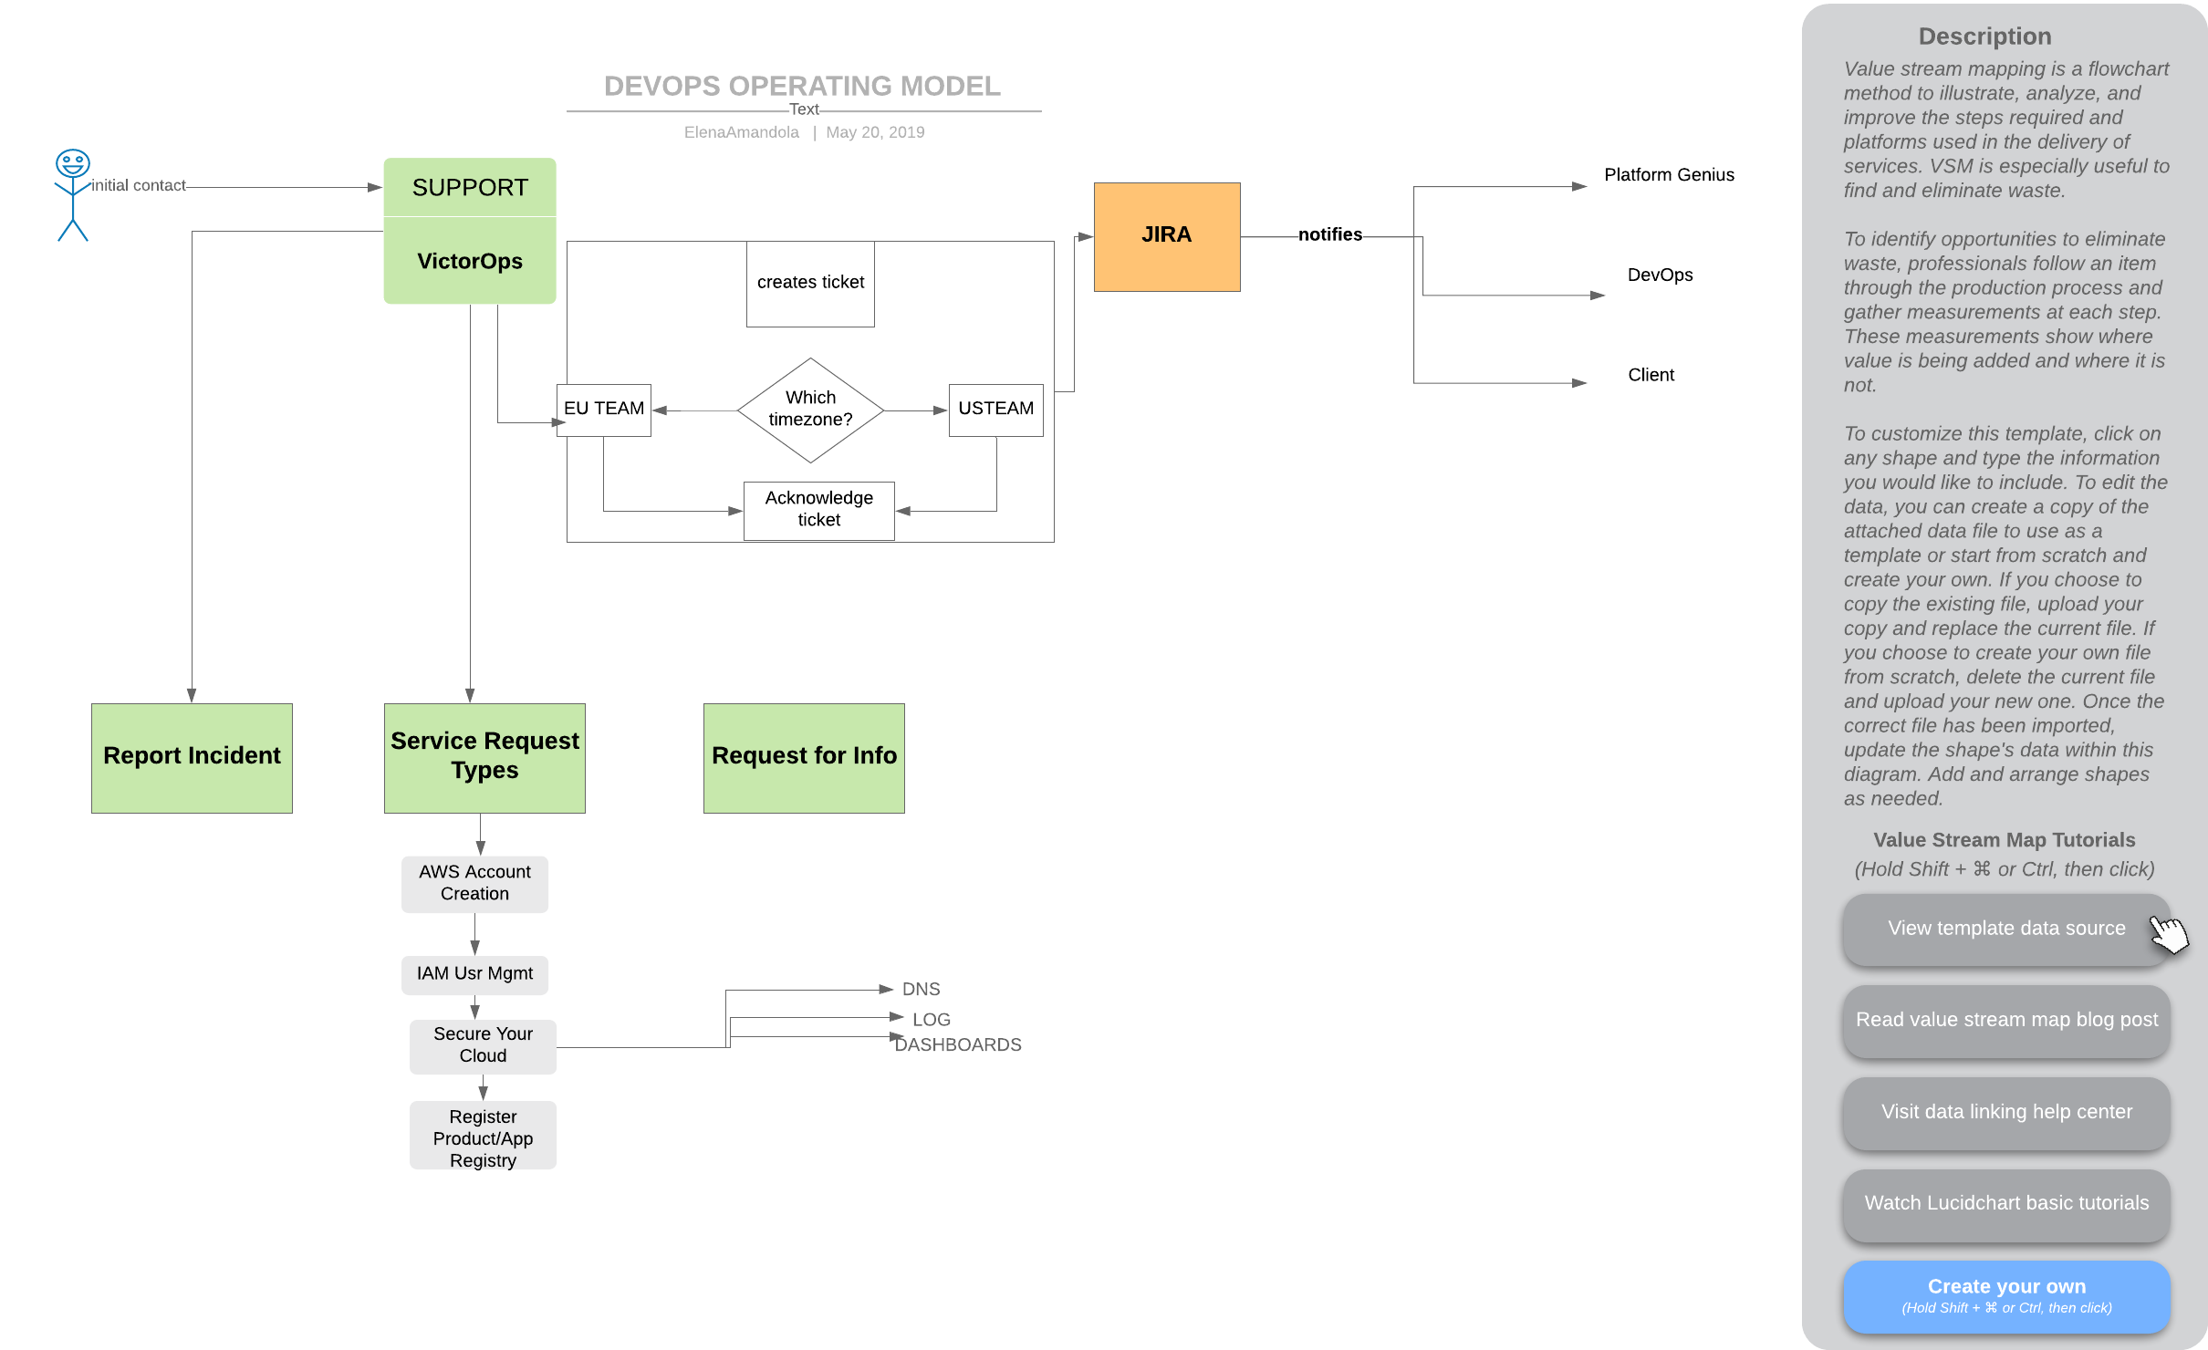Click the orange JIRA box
1167,237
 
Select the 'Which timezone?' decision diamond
810,410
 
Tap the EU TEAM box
604,410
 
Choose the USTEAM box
996,410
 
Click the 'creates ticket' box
810,284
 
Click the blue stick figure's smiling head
73,163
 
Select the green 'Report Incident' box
192,758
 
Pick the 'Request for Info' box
804,758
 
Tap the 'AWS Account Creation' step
474,884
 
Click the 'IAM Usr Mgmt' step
474,974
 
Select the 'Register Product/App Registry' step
483,1137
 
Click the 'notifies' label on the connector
1330,234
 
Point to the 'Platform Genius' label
1669,175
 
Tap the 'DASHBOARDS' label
958,1045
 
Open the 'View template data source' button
2006,929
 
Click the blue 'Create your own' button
2006,1296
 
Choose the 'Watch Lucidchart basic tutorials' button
2006,1204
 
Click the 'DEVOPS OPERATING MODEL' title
802,86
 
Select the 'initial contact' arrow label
138,185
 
